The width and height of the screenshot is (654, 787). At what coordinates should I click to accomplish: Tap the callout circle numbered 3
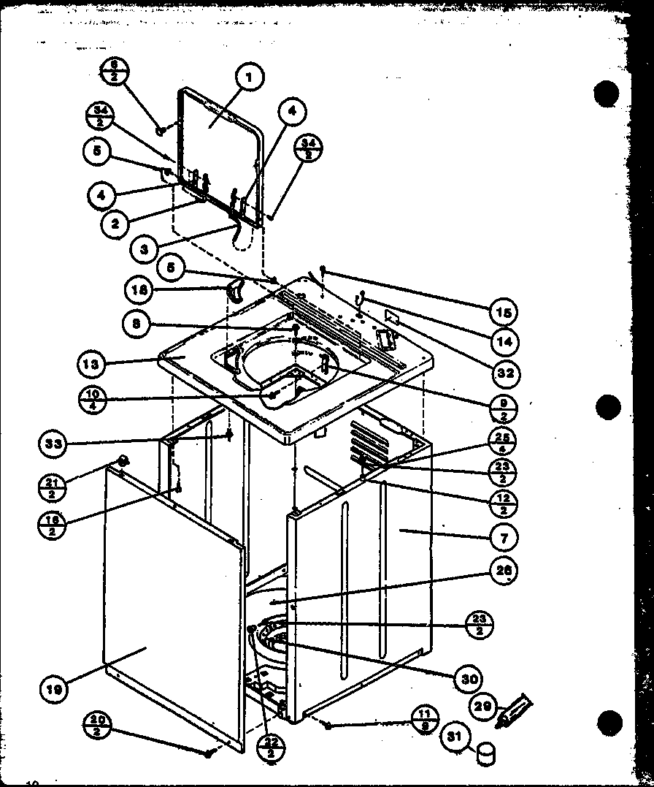coord(145,248)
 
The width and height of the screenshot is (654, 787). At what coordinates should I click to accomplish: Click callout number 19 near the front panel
coord(55,688)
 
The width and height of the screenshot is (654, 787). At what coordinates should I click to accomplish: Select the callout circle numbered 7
coord(504,537)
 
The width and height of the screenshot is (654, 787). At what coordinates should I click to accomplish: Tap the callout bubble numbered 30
coord(467,679)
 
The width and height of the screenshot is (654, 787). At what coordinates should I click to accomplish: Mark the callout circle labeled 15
coord(504,312)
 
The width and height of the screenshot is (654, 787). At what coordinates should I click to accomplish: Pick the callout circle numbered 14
coord(504,341)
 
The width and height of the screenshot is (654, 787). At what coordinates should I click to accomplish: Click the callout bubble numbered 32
coord(504,373)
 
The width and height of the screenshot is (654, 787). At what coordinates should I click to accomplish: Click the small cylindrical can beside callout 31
coord(485,754)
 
